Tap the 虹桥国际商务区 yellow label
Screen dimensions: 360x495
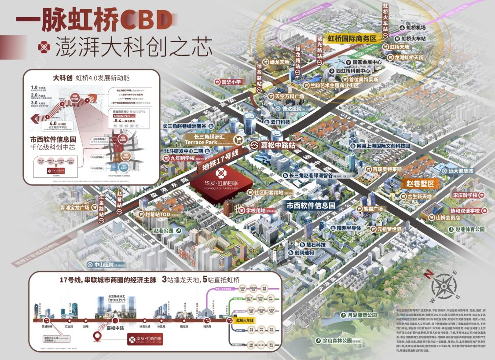(x=352, y=39)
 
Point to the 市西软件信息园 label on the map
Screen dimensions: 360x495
(x=311, y=205)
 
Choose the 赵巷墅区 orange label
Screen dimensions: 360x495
(x=420, y=183)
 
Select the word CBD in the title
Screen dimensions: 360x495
(x=146, y=18)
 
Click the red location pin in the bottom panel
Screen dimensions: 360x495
(x=97, y=338)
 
